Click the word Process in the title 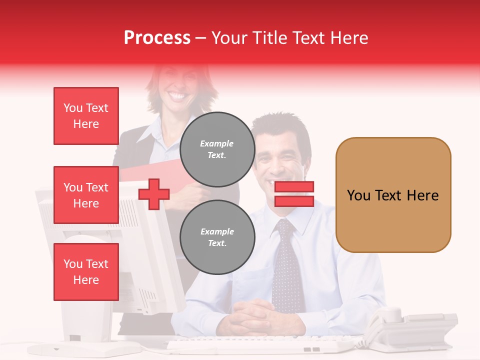(157, 38)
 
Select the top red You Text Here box (86, 116)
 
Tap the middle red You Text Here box (86, 195)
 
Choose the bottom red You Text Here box (86, 272)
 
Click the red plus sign (154, 194)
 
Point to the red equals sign (294, 194)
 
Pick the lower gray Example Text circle (217, 237)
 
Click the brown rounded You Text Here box (393, 195)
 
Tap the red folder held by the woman (150, 172)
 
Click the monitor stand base (85, 347)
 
